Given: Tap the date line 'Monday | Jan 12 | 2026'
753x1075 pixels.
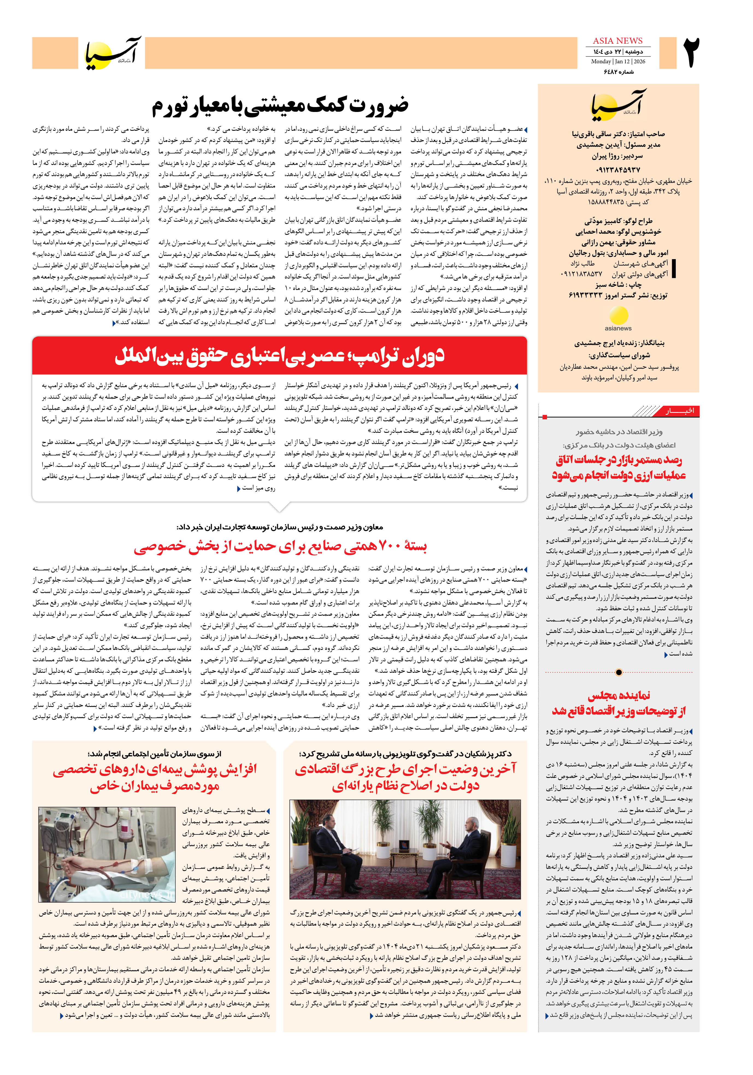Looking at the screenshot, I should (x=617, y=61).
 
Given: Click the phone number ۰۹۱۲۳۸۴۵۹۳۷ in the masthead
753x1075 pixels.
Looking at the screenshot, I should (x=617, y=170).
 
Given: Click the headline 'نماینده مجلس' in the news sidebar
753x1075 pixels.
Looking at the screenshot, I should (x=619, y=695).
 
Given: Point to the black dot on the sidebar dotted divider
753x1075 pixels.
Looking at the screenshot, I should (x=619, y=672).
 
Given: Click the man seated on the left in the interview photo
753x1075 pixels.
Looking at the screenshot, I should (x=331, y=854).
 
